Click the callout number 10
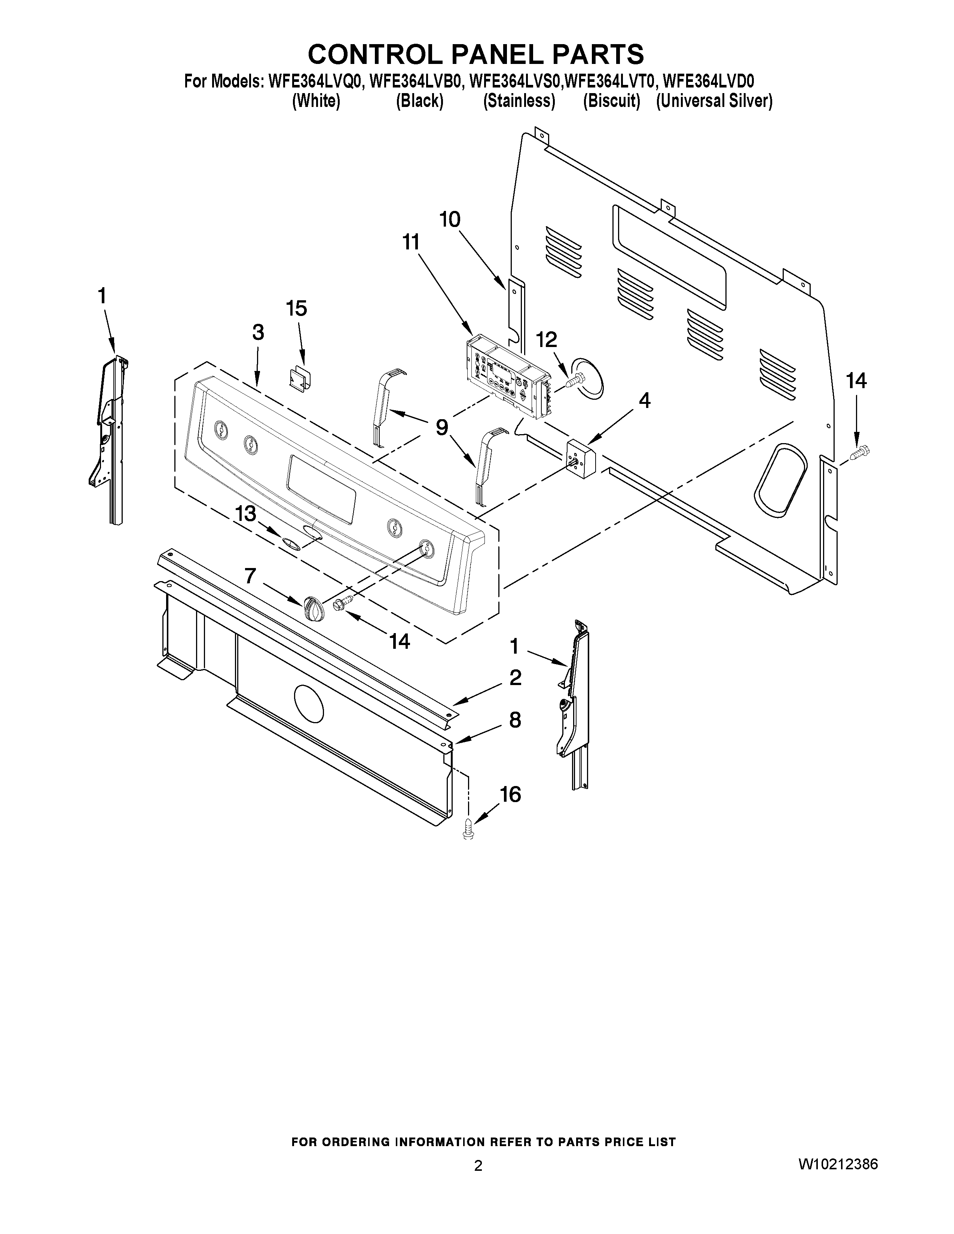(x=450, y=219)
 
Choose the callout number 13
(x=246, y=513)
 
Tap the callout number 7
(x=250, y=576)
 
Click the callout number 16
(x=510, y=794)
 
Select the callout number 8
(x=515, y=720)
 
